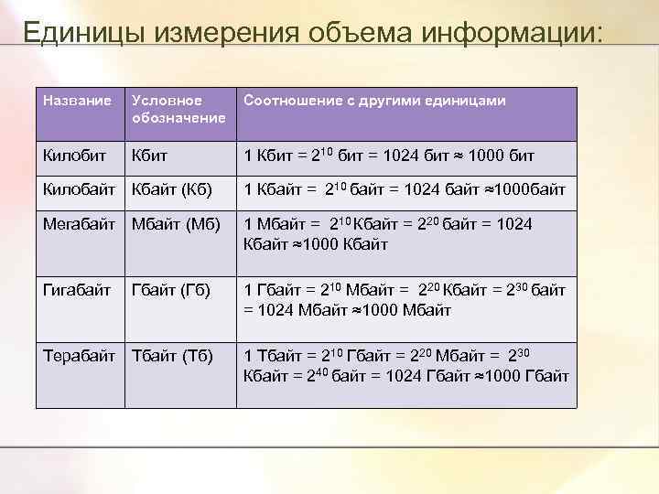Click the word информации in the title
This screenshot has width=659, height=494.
coord(513,33)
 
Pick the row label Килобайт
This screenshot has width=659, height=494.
coord(80,190)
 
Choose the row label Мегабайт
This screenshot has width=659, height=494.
coord(79,224)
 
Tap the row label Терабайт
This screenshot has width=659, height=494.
coord(81,355)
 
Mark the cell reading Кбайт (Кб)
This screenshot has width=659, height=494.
coord(172,190)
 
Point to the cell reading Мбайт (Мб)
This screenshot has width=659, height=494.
coord(175,224)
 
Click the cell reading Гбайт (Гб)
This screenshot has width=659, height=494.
coord(171,290)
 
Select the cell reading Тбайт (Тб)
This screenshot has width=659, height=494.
coord(172,355)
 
